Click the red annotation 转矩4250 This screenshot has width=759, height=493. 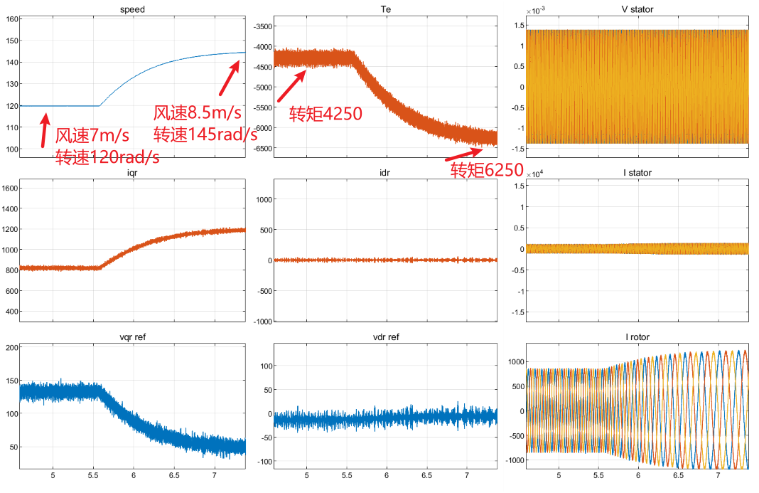(x=325, y=114)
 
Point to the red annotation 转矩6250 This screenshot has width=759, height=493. (x=487, y=170)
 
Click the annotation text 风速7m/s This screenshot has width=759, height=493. (x=92, y=135)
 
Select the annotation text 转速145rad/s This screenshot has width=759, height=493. (x=205, y=134)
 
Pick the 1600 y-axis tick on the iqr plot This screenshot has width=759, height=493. (x=10, y=189)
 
